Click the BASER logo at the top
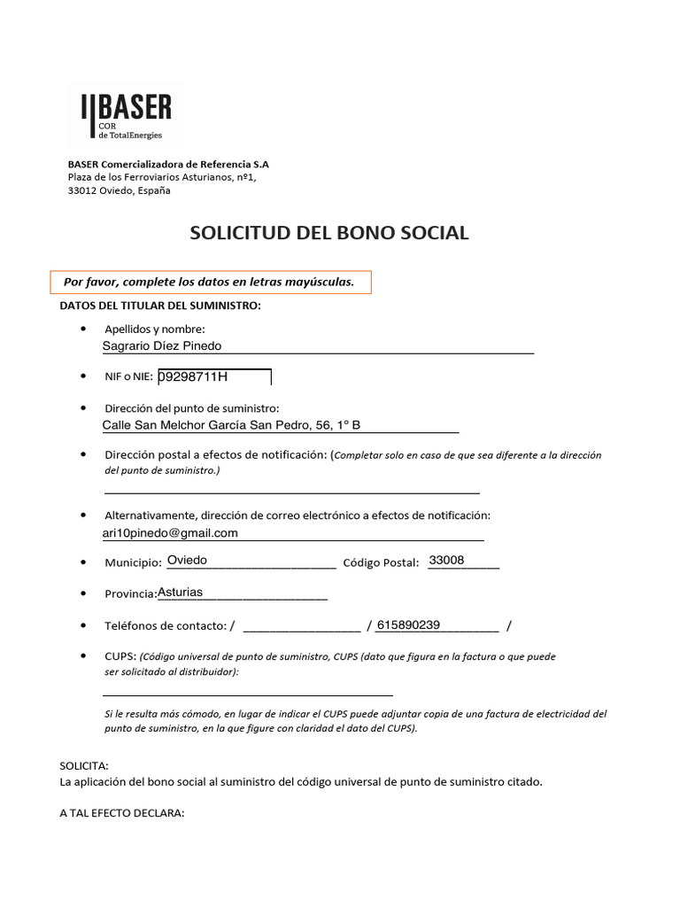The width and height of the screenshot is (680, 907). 127,116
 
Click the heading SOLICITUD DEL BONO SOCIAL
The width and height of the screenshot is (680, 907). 329,233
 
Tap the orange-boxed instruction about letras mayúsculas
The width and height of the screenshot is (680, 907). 210,283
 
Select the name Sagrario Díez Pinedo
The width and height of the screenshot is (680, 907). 162,345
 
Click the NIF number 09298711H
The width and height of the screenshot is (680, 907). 193,377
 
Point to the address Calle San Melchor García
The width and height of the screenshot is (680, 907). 232,425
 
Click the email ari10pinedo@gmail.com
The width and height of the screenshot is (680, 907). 171,533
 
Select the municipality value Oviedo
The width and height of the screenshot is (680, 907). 187,561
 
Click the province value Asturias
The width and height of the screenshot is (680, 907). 180,592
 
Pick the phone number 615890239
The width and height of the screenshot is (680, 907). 408,624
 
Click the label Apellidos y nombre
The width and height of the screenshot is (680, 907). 155,329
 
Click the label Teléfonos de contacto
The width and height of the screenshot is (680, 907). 166,625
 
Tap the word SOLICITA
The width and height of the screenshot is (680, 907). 84,765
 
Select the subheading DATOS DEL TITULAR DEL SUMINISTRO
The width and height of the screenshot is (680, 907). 160,306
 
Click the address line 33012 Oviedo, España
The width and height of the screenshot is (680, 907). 120,190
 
